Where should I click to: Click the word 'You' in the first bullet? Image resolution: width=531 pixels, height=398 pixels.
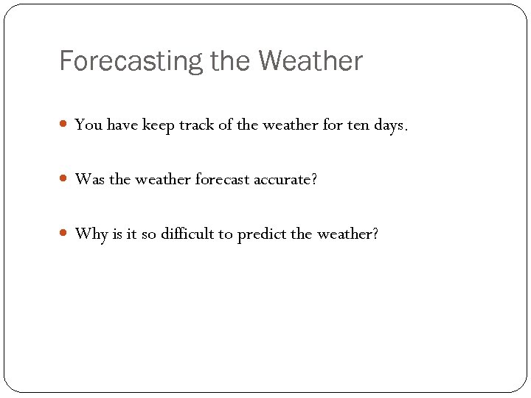tap(88, 125)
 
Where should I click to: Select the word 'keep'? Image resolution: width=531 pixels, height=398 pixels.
tap(159, 126)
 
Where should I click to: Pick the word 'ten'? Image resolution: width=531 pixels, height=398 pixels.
tap(361, 125)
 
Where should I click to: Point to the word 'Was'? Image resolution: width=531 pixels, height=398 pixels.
tap(90, 180)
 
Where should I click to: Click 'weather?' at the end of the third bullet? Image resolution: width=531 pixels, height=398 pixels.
tap(347, 234)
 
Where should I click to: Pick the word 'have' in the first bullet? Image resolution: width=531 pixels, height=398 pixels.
tap(122, 125)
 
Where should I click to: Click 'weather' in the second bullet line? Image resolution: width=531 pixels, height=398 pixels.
tap(164, 180)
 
